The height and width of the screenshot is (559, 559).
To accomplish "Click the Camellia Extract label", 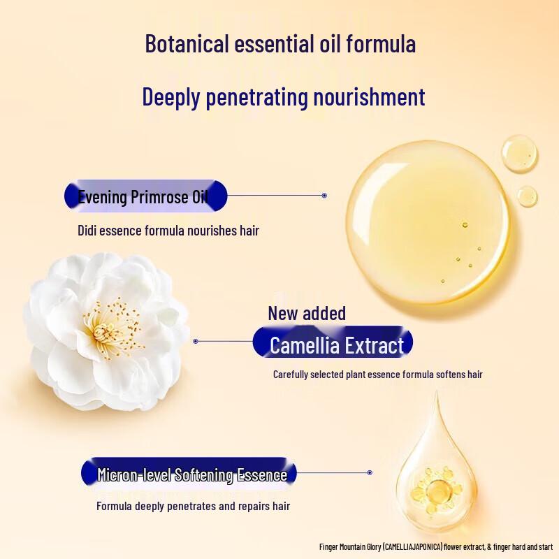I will click(x=336, y=345).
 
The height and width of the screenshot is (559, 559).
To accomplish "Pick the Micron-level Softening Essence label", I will click(x=191, y=475).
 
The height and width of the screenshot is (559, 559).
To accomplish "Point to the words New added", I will click(x=307, y=313).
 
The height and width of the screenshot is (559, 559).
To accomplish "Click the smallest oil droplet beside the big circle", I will click(x=528, y=194).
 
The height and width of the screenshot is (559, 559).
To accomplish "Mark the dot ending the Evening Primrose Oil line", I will click(x=324, y=196).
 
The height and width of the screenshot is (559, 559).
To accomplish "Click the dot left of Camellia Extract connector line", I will click(x=196, y=341).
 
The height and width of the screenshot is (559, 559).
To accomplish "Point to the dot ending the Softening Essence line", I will click(x=370, y=472).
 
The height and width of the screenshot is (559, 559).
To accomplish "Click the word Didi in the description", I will click(x=87, y=230).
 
